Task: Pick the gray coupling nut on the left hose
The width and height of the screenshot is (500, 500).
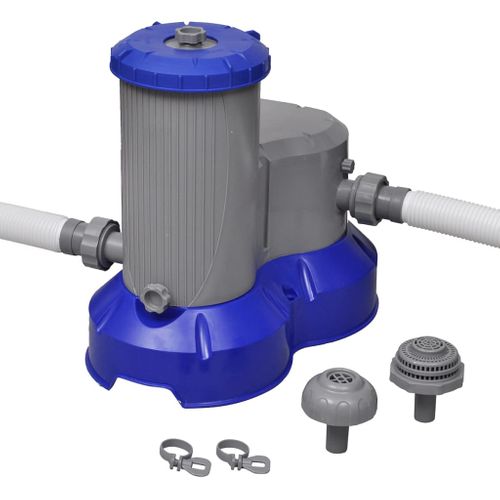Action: [x=91, y=238]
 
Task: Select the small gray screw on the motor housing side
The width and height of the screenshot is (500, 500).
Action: [x=346, y=166]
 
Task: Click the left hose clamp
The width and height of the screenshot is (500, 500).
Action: [x=182, y=456]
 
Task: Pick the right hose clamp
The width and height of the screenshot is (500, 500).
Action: [x=241, y=456]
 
